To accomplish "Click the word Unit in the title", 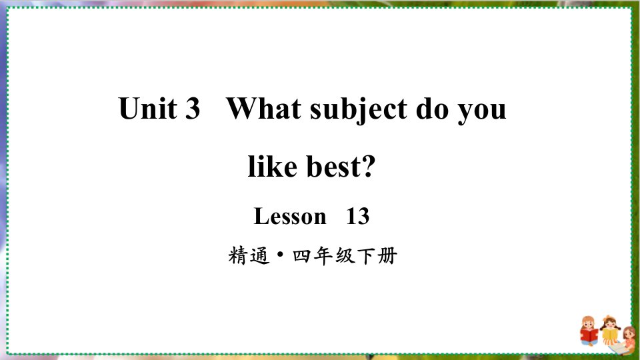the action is click(147, 108).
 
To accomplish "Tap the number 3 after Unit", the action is click(193, 109).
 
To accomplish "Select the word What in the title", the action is click(264, 108).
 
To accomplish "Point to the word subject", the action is click(359, 109).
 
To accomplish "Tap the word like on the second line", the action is click(272, 166).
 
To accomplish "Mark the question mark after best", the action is click(368, 166).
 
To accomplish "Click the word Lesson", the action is click(290, 216).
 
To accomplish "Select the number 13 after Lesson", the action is click(357, 216).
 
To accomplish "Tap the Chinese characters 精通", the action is click(249, 256).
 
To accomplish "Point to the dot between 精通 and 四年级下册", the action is click(281, 254).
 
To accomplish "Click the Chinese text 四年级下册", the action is click(345, 256).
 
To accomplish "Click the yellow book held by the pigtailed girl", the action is click(610, 335).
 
